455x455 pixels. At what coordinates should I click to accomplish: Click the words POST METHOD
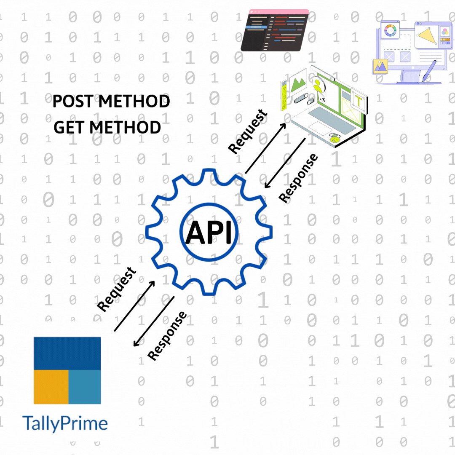[x=111, y=102]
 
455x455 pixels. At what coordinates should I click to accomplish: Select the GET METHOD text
[x=107, y=127]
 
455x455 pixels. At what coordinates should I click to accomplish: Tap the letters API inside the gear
[x=209, y=233]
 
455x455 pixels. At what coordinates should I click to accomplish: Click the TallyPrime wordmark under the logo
[x=64, y=423]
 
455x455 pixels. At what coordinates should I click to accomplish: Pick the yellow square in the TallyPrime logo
[x=51, y=387]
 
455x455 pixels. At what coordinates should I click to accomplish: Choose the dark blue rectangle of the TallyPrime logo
[x=67, y=353]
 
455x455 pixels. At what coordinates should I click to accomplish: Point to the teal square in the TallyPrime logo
[x=85, y=387]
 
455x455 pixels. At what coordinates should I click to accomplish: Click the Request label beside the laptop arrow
[x=248, y=131]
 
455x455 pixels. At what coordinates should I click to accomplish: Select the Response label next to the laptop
[x=298, y=178]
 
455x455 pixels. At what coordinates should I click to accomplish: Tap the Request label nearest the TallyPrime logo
[x=117, y=289]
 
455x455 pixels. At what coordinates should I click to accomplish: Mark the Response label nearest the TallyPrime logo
[x=167, y=336]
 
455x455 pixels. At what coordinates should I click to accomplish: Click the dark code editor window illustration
[x=275, y=32]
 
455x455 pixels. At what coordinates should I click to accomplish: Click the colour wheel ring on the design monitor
[x=390, y=31]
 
